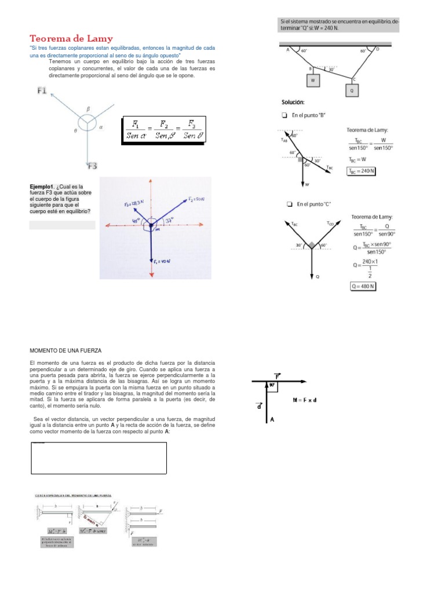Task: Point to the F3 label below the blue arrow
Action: pyautogui.click(x=92, y=166)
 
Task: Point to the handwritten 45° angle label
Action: pyautogui.click(x=137, y=221)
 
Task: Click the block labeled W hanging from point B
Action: pyautogui.click(x=313, y=80)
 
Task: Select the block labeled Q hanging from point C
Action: pyautogui.click(x=351, y=90)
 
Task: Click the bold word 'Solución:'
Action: pyautogui.click(x=293, y=103)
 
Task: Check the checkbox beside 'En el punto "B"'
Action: pyautogui.click(x=284, y=115)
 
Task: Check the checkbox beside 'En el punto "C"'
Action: pyautogui.click(x=289, y=204)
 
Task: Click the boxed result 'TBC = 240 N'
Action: pyautogui.click(x=361, y=170)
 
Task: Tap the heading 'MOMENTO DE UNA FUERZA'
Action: pyautogui.click(x=65, y=351)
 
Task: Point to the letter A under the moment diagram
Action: pyautogui.click(x=271, y=421)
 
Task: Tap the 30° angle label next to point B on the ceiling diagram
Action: pyautogui.click(x=331, y=69)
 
